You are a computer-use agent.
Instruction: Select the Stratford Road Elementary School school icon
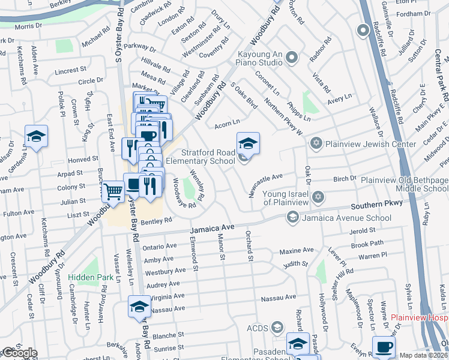click(x=248, y=144)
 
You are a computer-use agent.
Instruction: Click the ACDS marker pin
click(x=277, y=328)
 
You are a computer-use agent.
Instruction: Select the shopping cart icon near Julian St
click(x=112, y=191)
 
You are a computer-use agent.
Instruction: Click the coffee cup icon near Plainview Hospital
click(x=384, y=346)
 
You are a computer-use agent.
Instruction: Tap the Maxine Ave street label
click(x=297, y=250)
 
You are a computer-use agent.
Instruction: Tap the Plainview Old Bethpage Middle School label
click(x=403, y=184)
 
